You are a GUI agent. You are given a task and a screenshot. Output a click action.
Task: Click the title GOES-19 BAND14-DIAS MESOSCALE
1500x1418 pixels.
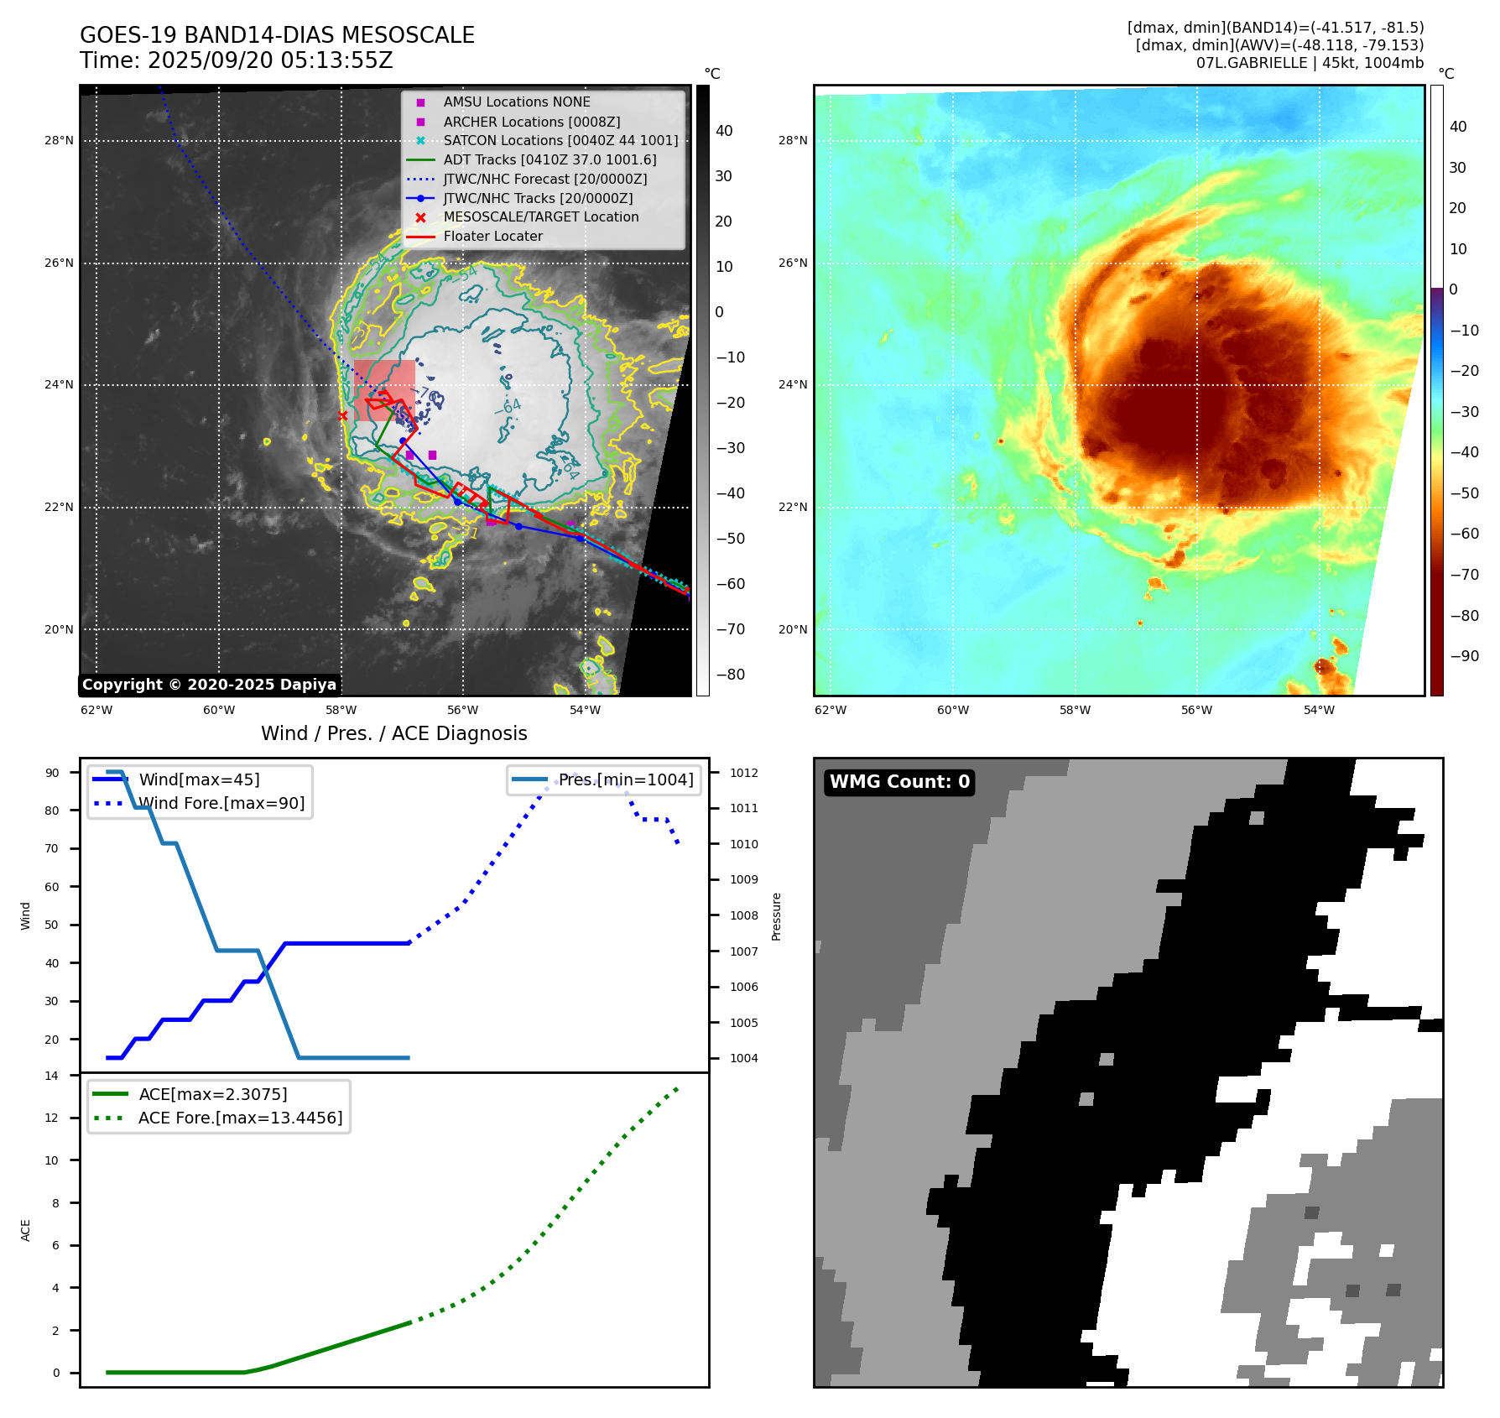pyautogui.click(x=277, y=35)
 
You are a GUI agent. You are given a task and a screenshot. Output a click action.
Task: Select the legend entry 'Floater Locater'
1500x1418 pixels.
pyautogui.click(x=492, y=237)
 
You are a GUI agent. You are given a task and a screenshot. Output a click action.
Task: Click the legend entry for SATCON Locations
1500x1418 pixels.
pyautogui.click(x=560, y=141)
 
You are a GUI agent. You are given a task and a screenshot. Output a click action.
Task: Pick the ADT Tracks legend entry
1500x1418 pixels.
pyautogui.click(x=549, y=160)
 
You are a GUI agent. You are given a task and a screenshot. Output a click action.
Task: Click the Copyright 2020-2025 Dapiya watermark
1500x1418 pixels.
pyautogui.click(x=209, y=685)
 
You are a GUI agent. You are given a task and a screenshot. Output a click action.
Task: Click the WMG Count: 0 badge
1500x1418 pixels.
pyautogui.click(x=899, y=782)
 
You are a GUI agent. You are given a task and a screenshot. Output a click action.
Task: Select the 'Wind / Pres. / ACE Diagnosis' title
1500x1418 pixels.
pyautogui.click(x=394, y=733)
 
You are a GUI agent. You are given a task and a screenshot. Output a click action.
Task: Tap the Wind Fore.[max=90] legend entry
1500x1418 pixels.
pyautogui.click(x=221, y=804)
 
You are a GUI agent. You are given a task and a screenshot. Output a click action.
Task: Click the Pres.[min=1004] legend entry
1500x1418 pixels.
pyautogui.click(x=626, y=780)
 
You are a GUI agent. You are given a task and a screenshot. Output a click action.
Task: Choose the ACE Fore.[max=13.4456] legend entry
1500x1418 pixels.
pyautogui.click(x=240, y=1118)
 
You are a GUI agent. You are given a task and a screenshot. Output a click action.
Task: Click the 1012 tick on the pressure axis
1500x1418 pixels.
pyautogui.click(x=743, y=773)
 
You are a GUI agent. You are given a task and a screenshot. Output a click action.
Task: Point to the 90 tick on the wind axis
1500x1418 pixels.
pyautogui.click(x=52, y=773)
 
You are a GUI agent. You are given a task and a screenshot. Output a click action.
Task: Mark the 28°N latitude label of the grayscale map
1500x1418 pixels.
pyautogui.click(x=59, y=141)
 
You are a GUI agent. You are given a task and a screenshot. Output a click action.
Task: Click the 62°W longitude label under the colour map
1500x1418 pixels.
pyautogui.click(x=831, y=710)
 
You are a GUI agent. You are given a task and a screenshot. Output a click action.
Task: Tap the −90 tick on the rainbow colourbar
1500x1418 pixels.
pyautogui.click(x=1465, y=656)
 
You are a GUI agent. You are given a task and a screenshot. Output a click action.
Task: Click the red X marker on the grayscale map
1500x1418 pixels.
pyautogui.click(x=342, y=415)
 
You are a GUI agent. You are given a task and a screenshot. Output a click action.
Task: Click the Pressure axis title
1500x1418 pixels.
pyautogui.click(x=777, y=916)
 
